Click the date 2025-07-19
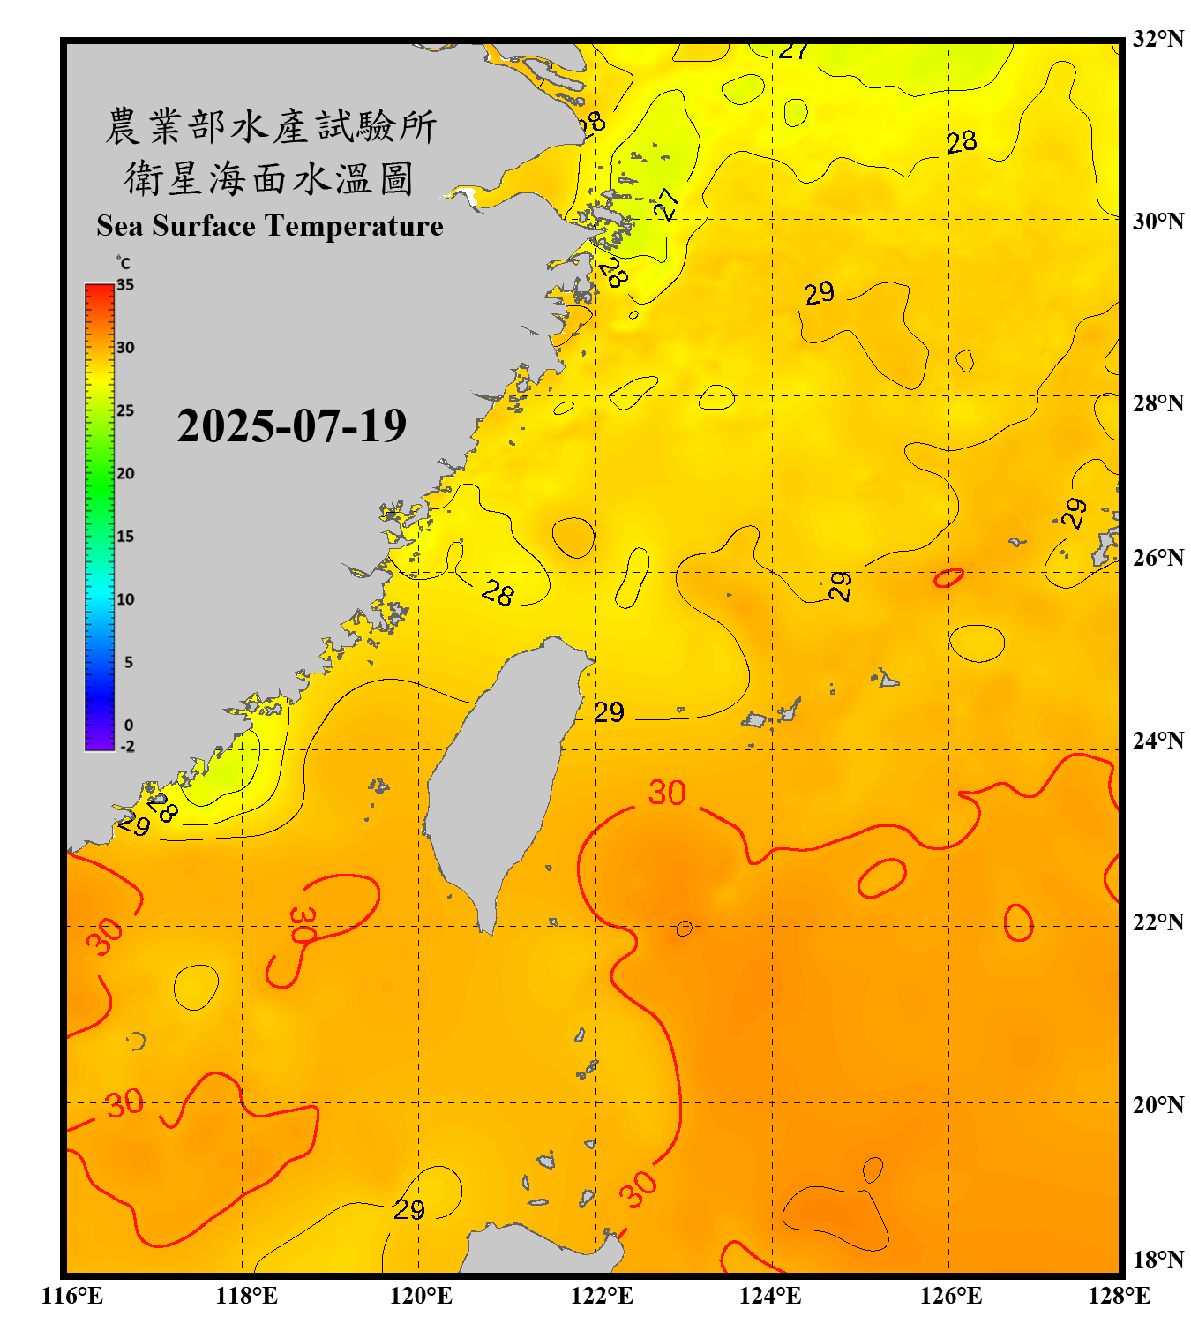point(291,426)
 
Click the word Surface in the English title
point(203,226)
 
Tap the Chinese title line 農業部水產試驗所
point(271,126)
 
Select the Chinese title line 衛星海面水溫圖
point(269,178)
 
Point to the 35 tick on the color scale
point(125,284)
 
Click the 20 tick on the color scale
point(125,473)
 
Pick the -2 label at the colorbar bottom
point(127,747)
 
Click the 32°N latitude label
point(1157,39)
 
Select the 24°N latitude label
point(1157,741)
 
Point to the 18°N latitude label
point(1157,1260)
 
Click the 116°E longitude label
point(72,1296)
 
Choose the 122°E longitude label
point(602,1296)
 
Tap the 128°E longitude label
point(1119,1296)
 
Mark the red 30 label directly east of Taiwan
point(667,793)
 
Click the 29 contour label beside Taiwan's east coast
point(609,712)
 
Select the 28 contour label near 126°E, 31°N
point(962,141)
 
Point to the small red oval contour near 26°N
point(948,578)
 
